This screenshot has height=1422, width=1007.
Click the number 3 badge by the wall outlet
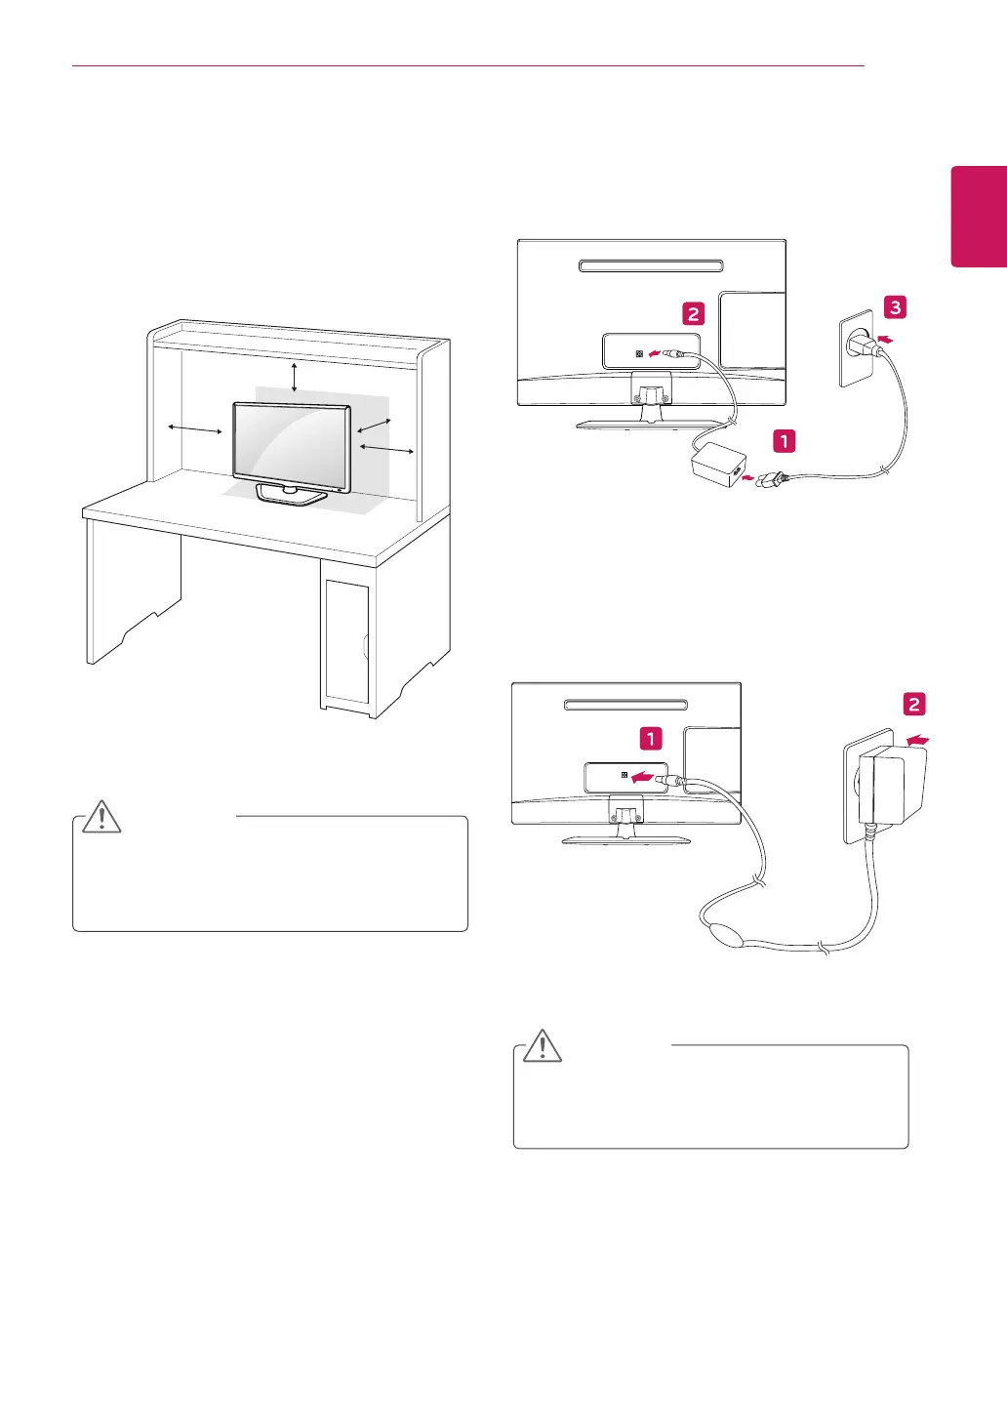(895, 307)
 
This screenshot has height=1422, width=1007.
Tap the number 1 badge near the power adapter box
(784, 441)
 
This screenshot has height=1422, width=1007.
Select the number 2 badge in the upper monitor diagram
(693, 313)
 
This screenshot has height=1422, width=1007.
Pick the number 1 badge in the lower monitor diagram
(651, 739)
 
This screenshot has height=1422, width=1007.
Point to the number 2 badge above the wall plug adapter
(914, 705)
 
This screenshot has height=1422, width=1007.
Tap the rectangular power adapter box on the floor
(717, 467)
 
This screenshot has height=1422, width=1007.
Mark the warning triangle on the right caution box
(544, 1045)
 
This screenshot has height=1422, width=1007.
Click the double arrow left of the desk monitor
(195, 430)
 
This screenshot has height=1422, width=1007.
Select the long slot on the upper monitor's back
(651, 265)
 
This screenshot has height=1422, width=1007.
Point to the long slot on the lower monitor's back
(624, 705)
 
